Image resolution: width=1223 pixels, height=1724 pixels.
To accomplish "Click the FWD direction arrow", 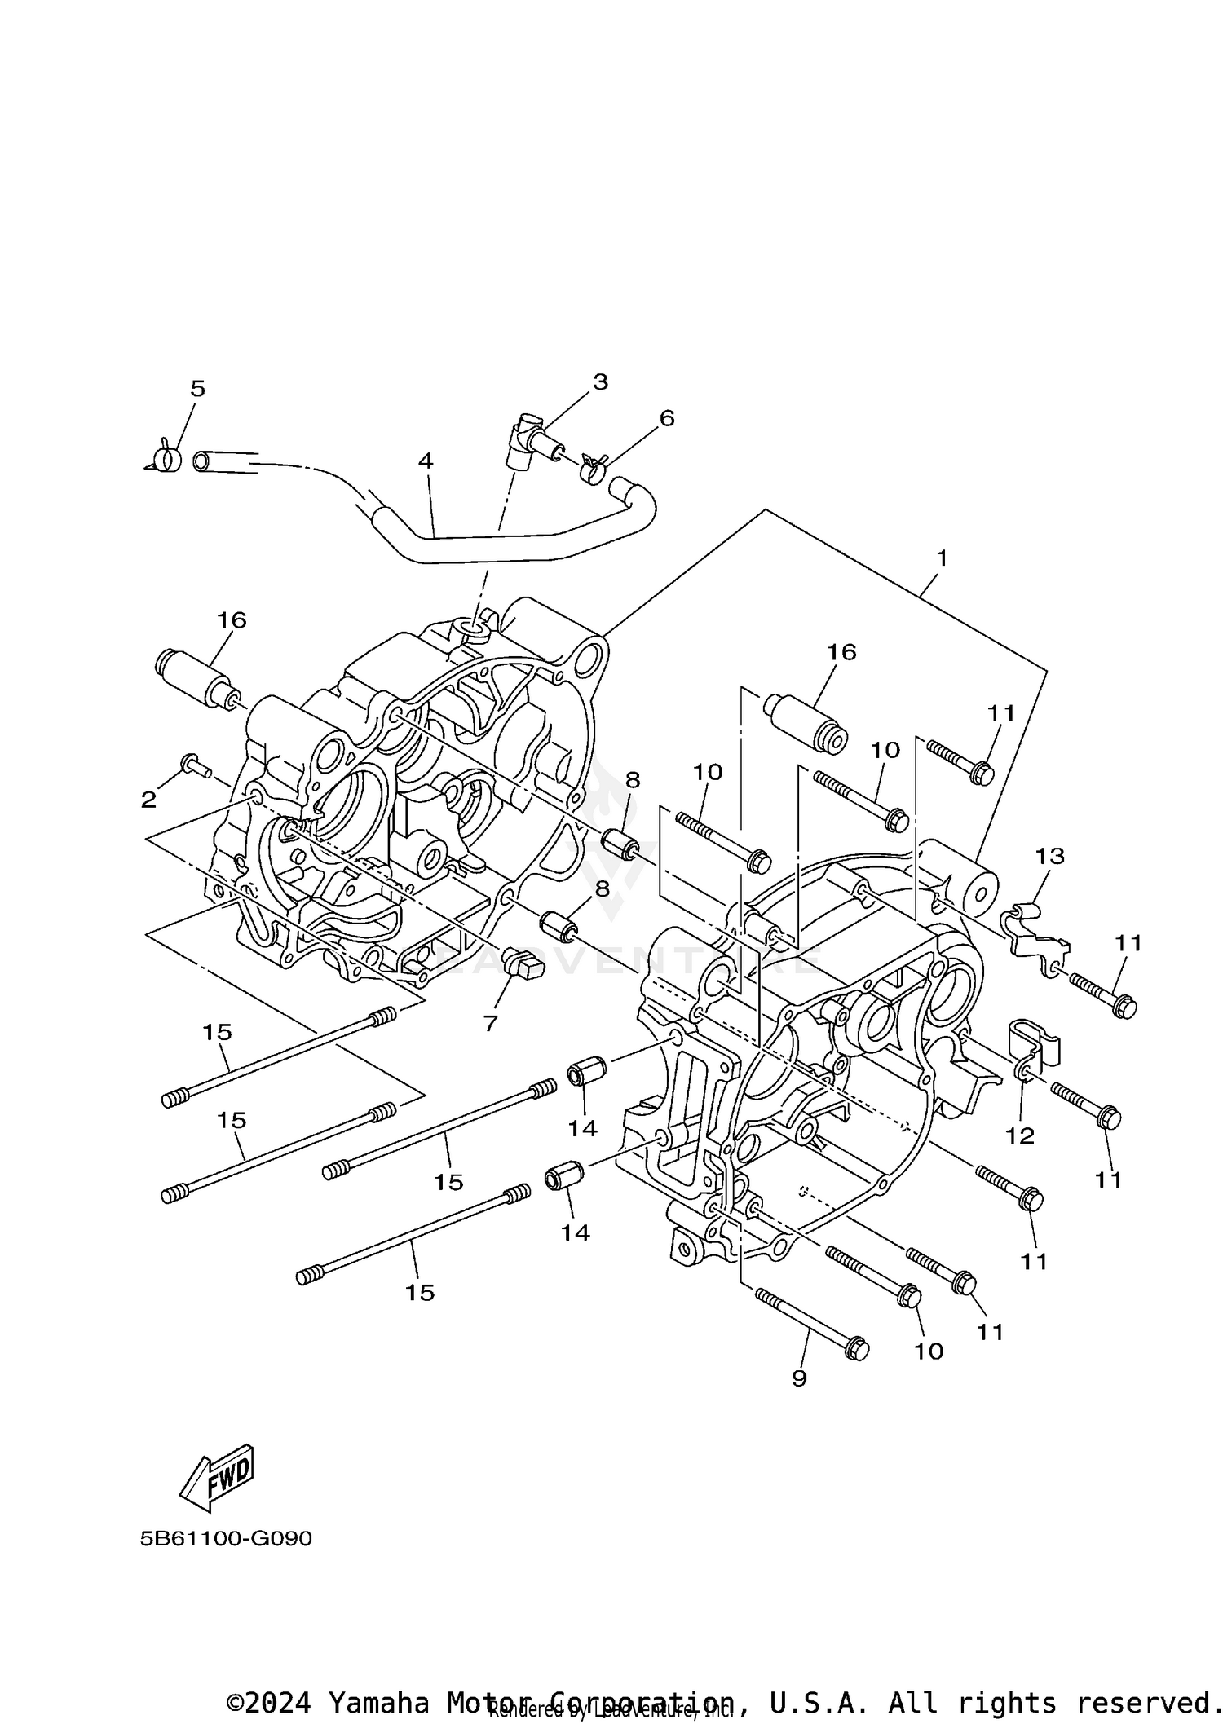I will [x=217, y=1478].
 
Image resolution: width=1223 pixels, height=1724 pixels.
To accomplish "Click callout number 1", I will [x=942, y=558].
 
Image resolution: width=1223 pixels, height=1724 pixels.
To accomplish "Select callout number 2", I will [x=148, y=800].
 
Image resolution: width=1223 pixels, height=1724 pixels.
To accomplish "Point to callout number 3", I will [x=600, y=381].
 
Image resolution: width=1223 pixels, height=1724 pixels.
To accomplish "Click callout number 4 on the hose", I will [x=425, y=461].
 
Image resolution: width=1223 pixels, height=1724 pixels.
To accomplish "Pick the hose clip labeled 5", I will [x=167, y=459].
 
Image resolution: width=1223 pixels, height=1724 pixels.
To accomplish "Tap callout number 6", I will [x=666, y=418].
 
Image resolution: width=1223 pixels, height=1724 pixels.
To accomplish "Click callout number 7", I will [x=490, y=1023].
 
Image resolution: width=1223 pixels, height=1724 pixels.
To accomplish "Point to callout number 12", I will [x=1019, y=1135].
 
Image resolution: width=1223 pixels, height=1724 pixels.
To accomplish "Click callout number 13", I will [x=1050, y=856].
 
